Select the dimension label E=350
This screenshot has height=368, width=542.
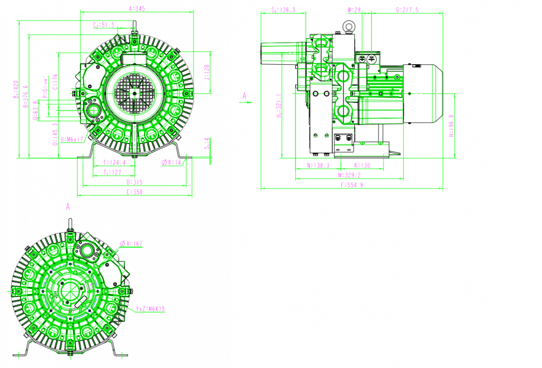tap(135, 192)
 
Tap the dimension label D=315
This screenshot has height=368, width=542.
tap(135, 182)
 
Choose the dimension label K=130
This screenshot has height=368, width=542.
tap(362, 165)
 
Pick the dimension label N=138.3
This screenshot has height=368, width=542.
tap(318, 165)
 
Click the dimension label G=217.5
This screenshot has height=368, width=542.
tap(406, 9)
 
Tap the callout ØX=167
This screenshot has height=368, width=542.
tap(131, 244)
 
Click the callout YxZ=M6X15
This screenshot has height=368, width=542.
tap(150, 309)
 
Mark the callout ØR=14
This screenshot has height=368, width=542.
tap(172, 162)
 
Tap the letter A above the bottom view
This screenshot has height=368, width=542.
tap(68, 207)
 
